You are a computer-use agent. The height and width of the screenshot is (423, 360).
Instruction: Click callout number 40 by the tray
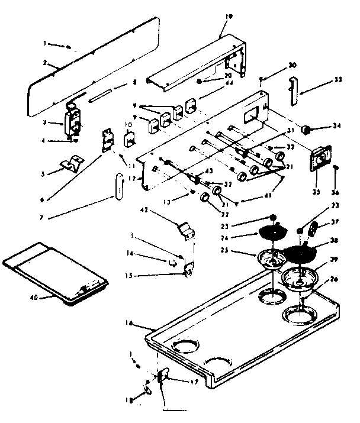tap(34, 297)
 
